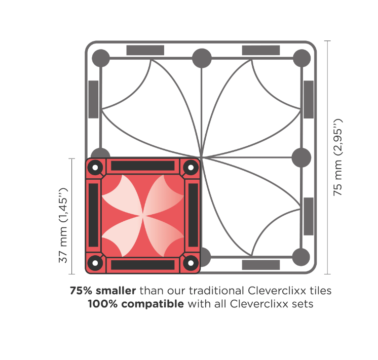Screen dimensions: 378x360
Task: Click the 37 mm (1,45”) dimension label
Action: pos(63,225)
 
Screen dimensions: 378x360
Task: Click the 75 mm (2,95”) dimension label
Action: pos(337,157)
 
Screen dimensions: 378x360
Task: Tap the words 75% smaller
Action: pos(103,290)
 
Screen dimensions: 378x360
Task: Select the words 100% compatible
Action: pos(136,304)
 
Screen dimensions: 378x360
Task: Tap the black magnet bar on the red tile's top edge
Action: pos(142,166)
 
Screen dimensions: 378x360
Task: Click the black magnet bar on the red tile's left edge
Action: pos(94,215)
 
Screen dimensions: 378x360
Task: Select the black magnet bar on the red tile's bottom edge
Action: pos(142,265)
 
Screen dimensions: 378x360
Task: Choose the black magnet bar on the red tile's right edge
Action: pos(193,215)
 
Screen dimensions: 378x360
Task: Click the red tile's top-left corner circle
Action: pos(95,167)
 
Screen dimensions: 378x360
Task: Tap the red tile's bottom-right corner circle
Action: pos(191,263)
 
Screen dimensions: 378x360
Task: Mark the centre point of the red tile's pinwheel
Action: pos(143,216)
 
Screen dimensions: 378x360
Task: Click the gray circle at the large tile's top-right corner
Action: pos(301,58)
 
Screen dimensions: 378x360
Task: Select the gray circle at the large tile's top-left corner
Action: pos(101,58)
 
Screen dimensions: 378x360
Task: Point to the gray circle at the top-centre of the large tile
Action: pos(202,58)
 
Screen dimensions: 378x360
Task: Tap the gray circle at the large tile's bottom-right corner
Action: pos(301,257)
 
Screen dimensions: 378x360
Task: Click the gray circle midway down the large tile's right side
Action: pos(301,157)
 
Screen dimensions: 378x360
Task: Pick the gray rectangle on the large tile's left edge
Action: pos(93,99)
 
